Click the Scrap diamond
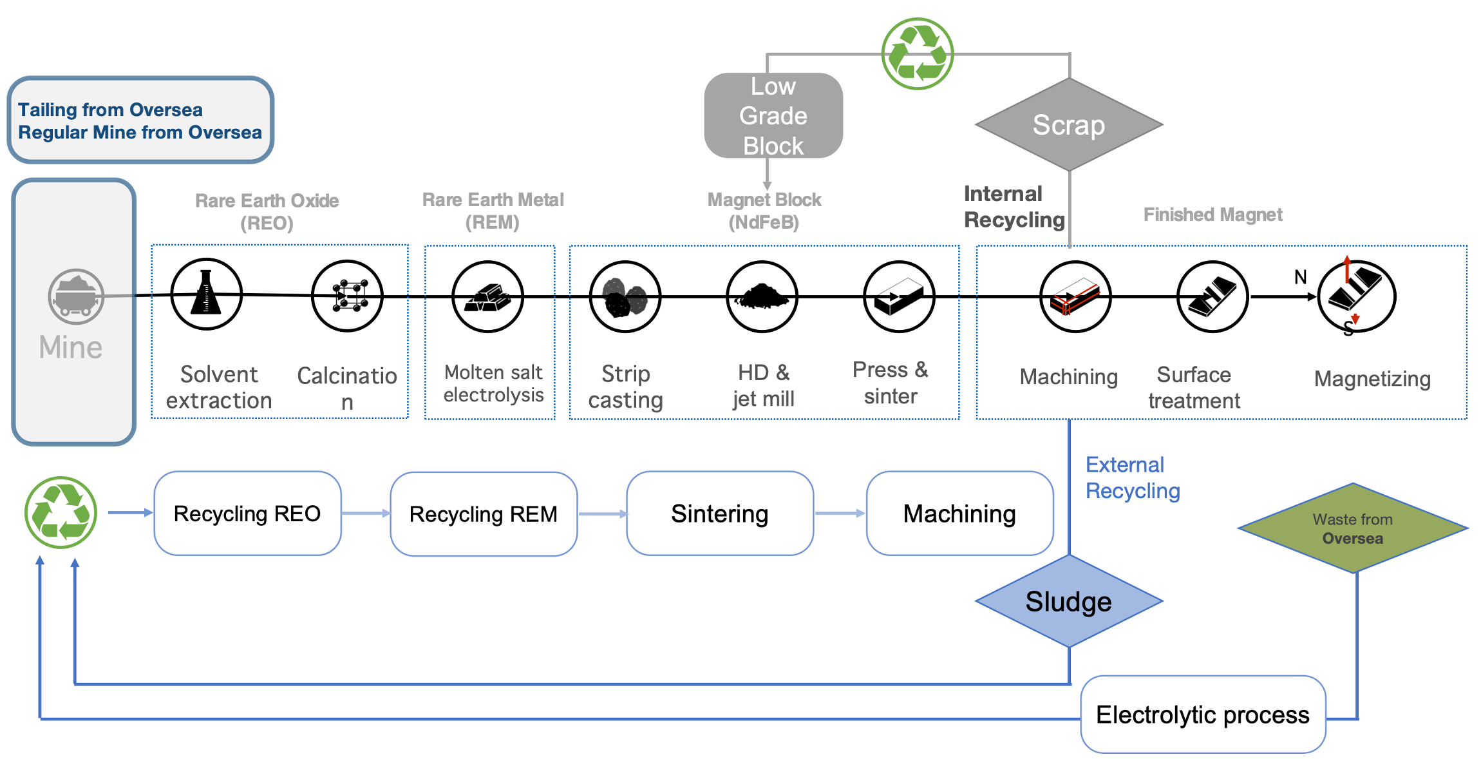[x=1069, y=124]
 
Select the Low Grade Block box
[x=773, y=116]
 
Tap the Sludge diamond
[x=1069, y=601]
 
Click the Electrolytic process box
[x=1203, y=715]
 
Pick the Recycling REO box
[x=247, y=514]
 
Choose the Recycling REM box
[x=484, y=514]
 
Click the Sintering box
[x=720, y=514]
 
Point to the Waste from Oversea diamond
[x=1353, y=528]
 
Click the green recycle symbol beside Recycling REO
[x=61, y=512]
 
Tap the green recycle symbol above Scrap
[x=918, y=53]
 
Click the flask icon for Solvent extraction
[x=206, y=294]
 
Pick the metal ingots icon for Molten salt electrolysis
[x=488, y=296]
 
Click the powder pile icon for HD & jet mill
[x=762, y=296]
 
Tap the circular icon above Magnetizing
[x=1356, y=296]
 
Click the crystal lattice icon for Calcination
[x=348, y=296]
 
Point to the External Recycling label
[x=1133, y=477]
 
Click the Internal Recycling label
[x=1014, y=206]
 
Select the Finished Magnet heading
[x=1212, y=215]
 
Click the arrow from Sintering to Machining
[x=840, y=514]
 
